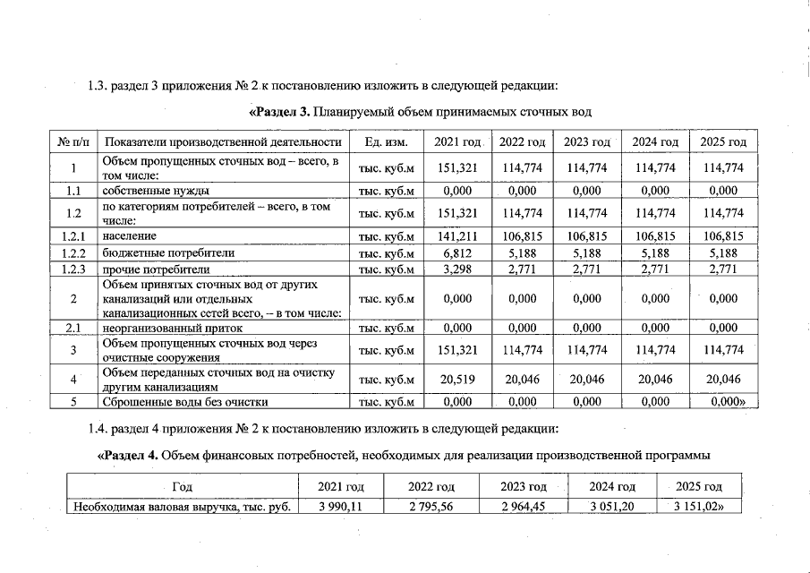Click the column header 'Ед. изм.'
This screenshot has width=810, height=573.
tap(387, 142)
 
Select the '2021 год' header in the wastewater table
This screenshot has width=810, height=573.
tap(457, 142)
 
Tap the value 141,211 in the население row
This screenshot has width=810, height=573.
tap(457, 236)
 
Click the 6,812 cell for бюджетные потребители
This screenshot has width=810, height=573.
tap(457, 252)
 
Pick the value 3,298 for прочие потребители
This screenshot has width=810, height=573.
tap(457, 269)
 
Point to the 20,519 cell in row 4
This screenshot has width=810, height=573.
tap(457, 379)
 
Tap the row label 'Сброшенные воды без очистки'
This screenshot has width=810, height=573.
tap(185, 402)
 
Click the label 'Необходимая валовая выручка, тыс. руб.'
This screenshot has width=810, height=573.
tap(182, 508)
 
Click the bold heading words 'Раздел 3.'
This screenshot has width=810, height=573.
tap(278, 112)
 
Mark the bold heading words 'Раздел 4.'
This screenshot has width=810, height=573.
tap(130, 455)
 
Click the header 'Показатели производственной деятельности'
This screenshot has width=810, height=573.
tap(223, 142)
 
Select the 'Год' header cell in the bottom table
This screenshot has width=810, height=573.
tap(182, 486)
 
